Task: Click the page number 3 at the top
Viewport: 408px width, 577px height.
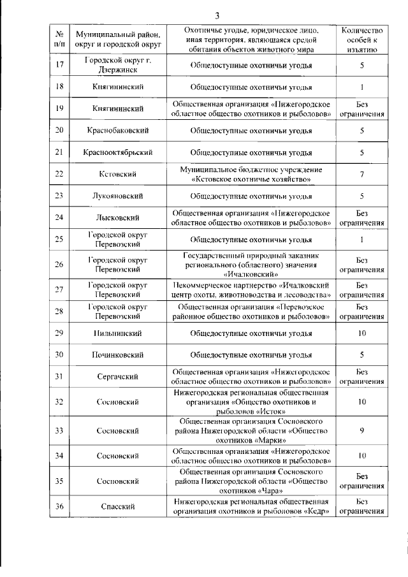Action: (x=217, y=16)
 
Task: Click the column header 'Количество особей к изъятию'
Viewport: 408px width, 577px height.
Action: (x=361, y=40)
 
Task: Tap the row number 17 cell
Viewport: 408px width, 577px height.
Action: (x=59, y=65)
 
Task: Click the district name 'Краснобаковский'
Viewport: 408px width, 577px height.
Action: (x=118, y=130)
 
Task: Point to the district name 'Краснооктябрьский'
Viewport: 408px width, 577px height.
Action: (x=118, y=152)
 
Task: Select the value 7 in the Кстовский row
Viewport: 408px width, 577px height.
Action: (x=361, y=174)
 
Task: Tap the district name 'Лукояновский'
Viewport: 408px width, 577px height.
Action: (x=118, y=196)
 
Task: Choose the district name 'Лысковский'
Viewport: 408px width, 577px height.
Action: (x=118, y=217)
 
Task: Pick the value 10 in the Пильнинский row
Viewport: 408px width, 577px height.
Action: (x=361, y=333)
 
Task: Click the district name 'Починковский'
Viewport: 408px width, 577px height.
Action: (x=118, y=354)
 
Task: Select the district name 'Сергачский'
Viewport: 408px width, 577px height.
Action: (x=118, y=377)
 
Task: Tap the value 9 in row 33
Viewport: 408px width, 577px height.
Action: (x=361, y=431)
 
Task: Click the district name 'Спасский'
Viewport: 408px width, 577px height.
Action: (x=118, y=506)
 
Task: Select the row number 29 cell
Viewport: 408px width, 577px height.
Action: (x=59, y=333)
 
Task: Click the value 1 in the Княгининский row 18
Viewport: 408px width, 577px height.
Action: (x=361, y=86)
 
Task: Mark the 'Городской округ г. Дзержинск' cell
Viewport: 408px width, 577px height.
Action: (x=118, y=65)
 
